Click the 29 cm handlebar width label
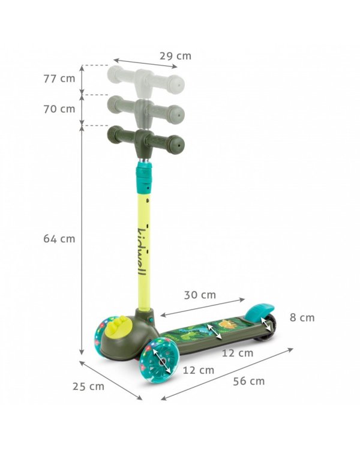pyautogui.click(x=175, y=56)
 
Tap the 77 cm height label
pyautogui.click(x=59, y=79)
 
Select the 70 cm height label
pyautogui.click(x=59, y=109)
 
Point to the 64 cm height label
pyautogui.click(x=59, y=238)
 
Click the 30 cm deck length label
pyautogui.click(x=200, y=295)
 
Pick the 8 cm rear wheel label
pyautogui.click(x=302, y=317)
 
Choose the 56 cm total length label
pyautogui.click(x=249, y=381)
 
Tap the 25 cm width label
pyautogui.click(x=88, y=386)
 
